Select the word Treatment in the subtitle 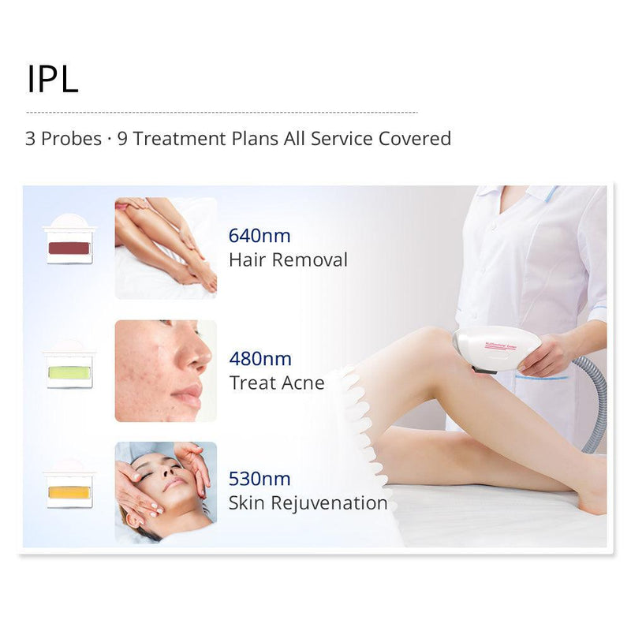[171, 139]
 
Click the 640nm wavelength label [259, 236]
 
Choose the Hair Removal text [288, 259]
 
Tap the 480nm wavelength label [260, 359]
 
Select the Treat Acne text [277, 383]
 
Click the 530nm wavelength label [259, 479]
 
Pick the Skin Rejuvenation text [308, 502]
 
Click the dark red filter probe [69, 248]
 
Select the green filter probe [69, 371]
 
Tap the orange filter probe [69, 492]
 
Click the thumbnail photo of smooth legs [166, 248]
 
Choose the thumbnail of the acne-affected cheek [166, 371]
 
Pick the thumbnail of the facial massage [166, 492]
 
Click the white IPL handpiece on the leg [497, 347]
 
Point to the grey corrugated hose [597, 402]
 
